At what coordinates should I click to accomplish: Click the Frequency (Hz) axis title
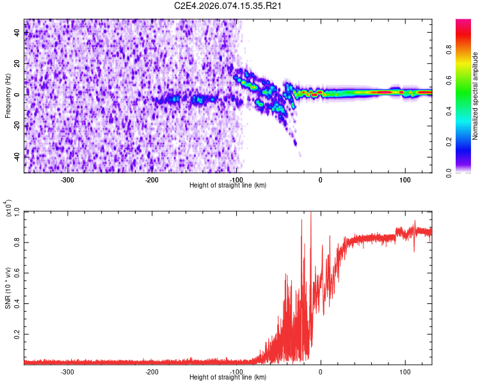8,96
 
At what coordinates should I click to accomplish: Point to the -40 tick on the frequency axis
17,156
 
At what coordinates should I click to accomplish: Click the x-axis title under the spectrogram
228,185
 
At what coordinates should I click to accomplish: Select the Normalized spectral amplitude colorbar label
475,96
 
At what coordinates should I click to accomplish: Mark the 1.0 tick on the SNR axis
16,211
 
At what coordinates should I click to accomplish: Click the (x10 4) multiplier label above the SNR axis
9,209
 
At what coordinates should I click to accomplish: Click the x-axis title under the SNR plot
228,377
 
